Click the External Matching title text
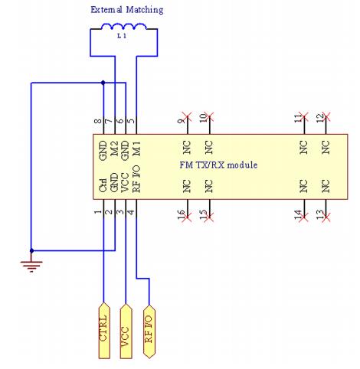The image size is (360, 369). coord(126,10)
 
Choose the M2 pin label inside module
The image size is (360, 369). coord(113,148)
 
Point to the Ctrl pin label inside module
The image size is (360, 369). coord(102,184)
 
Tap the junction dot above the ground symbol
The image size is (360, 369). coord(31,250)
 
